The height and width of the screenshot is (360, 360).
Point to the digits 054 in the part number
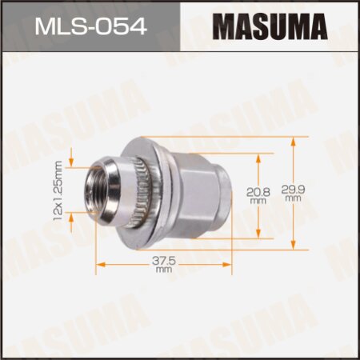tap(122, 29)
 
